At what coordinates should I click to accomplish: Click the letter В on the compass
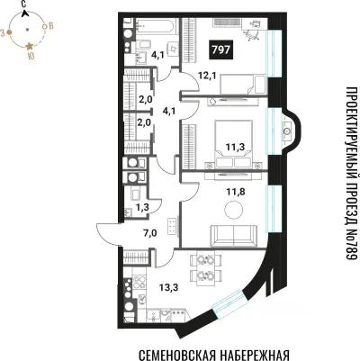coord(50,29)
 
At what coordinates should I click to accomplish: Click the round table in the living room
coord(234,210)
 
